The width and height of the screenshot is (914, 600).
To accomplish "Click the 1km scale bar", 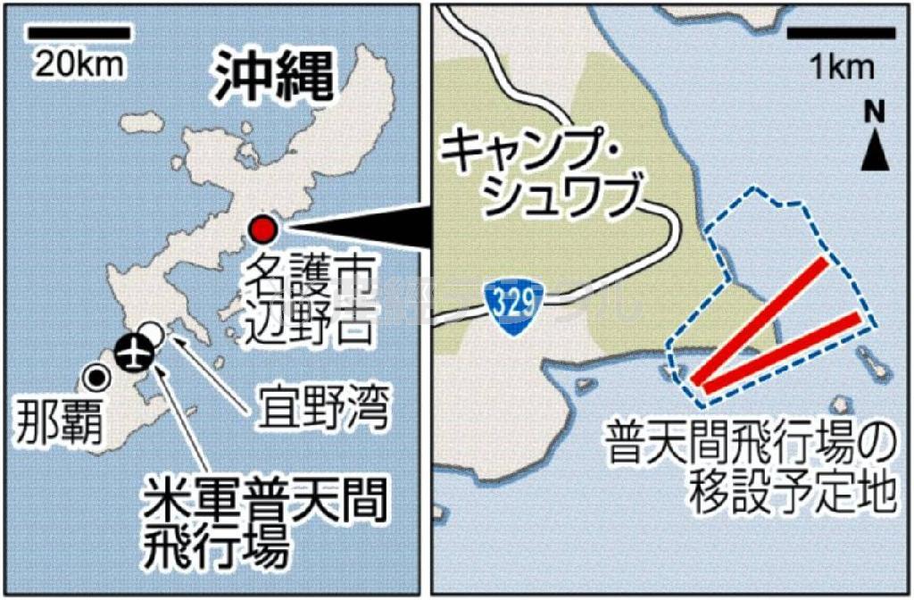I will (842, 35).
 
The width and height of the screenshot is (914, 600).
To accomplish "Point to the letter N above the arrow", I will (874, 112).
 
